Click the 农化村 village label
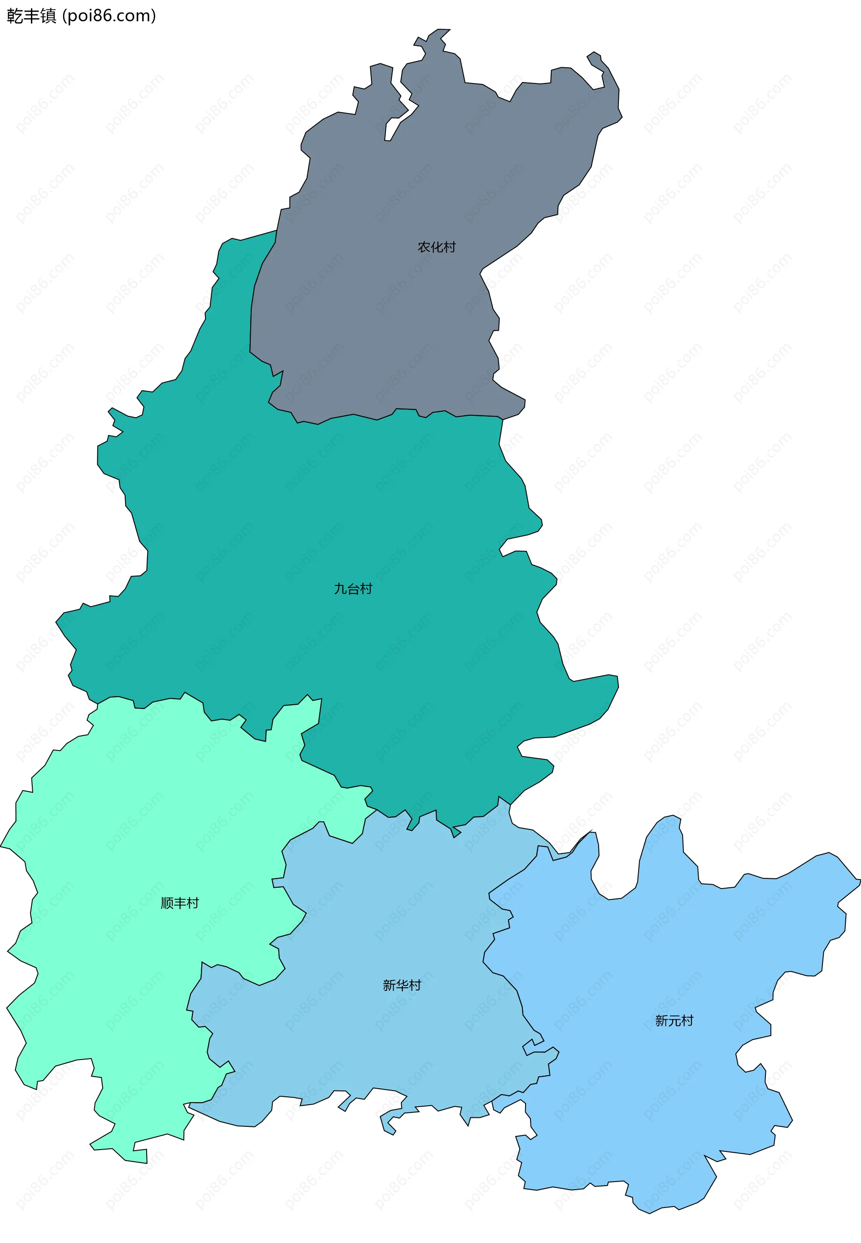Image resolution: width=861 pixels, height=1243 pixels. tap(436, 247)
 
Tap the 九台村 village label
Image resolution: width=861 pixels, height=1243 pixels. tap(353, 589)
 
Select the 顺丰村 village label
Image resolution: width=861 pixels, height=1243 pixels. tap(180, 903)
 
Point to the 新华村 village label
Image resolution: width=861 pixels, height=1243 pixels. tap(401, 985)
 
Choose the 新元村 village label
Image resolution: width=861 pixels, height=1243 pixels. tap(674, 1020)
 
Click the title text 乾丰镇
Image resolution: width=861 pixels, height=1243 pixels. tap(31, 16)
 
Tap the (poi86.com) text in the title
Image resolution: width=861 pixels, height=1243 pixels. tap(109, 16)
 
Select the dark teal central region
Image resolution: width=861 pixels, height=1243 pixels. tap(324, 513)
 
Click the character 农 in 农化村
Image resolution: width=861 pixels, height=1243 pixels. tap(424, 247)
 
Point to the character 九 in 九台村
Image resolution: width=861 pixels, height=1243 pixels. tap(340, 589)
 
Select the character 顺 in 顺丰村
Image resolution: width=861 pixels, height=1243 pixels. tap(167, 903)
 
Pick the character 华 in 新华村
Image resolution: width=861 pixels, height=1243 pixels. tap(402, 985)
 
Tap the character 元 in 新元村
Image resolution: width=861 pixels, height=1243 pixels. tap(674, 1020)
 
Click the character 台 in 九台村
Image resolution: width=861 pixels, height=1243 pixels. tap(353, 589)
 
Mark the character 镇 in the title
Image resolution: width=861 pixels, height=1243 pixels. tap(48, 16)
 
